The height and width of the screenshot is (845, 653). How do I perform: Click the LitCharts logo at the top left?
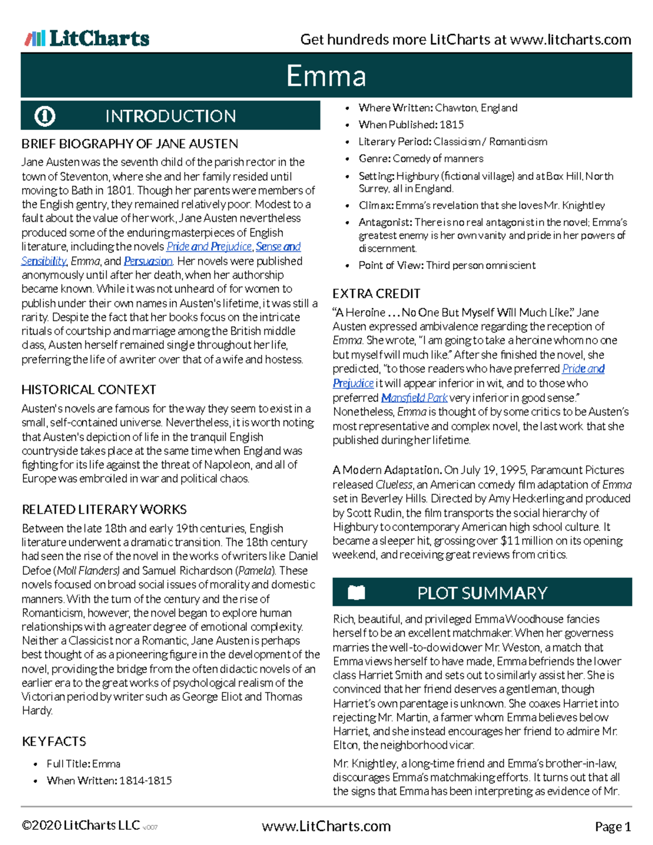point(87,39)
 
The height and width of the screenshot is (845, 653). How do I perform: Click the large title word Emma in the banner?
point(326,76)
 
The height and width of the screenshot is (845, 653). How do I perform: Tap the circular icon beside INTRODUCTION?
point(45,116)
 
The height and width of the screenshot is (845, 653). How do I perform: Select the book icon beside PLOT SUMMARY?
point(356,592)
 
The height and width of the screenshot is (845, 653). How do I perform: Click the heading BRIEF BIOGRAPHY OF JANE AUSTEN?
point(130,144)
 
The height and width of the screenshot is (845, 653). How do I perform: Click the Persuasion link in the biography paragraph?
point(148,261)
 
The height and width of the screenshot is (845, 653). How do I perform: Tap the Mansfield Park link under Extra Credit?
point(414,398)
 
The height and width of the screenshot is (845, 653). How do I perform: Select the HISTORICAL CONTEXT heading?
point(89,390)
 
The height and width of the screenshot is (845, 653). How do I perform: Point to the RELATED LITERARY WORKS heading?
point(104,510)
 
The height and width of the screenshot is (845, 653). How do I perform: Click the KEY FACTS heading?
point(54,742)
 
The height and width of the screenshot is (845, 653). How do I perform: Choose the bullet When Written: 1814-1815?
point(109,781)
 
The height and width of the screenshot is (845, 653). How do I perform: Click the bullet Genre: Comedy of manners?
point(420,159)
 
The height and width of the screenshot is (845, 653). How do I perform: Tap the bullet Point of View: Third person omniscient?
point(446,266)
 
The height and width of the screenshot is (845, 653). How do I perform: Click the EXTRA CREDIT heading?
point(376,294)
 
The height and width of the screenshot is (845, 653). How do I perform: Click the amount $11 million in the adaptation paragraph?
point(529,541)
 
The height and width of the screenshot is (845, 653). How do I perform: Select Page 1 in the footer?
point(613,827)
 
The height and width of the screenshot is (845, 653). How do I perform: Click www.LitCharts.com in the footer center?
point(326,827)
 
